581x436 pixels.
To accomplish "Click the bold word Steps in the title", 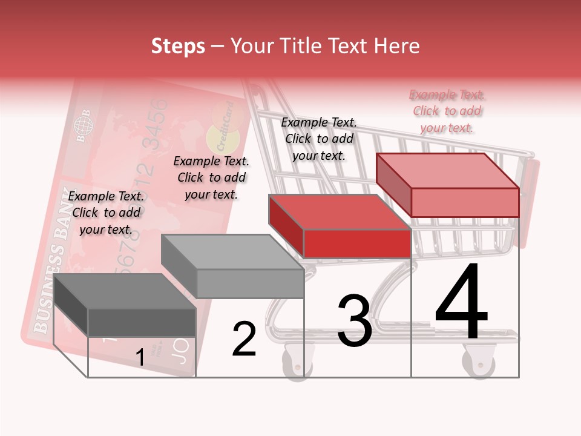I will [x=178, y=46].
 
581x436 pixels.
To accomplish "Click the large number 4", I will [x=461, y=303].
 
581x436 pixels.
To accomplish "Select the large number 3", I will [x=354, y=321].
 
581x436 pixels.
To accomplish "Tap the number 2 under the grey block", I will [x=244, y=339].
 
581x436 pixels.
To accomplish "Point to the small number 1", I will [x=140, y=358].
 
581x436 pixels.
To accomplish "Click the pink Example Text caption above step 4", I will [x=447, y=111].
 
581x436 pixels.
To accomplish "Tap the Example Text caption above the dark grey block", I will [x=106, y=213].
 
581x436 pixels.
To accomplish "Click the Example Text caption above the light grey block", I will [x=211, y=177].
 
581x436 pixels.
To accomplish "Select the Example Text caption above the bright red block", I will [x=319, y=139].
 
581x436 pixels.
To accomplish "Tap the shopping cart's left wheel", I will [x=297, y=362].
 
